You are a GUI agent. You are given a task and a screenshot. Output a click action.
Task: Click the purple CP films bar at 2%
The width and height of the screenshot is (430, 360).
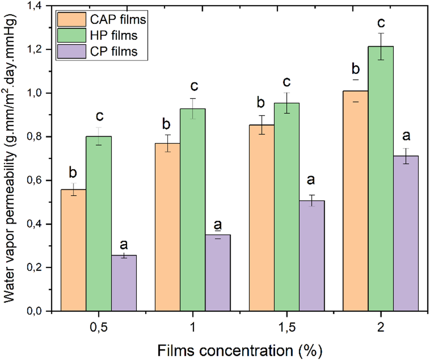pyautogui.click(x=406, y=233)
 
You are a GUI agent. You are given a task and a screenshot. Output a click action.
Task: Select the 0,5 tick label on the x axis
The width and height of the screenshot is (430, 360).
pyautogui.click(x=98, y=328)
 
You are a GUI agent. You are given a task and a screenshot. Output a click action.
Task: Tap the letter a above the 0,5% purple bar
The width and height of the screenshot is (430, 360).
pyautogui.click(x=124, y=244)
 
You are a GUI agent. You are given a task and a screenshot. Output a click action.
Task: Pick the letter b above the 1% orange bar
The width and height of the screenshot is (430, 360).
pyautogui.click(x=167, y=123)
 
